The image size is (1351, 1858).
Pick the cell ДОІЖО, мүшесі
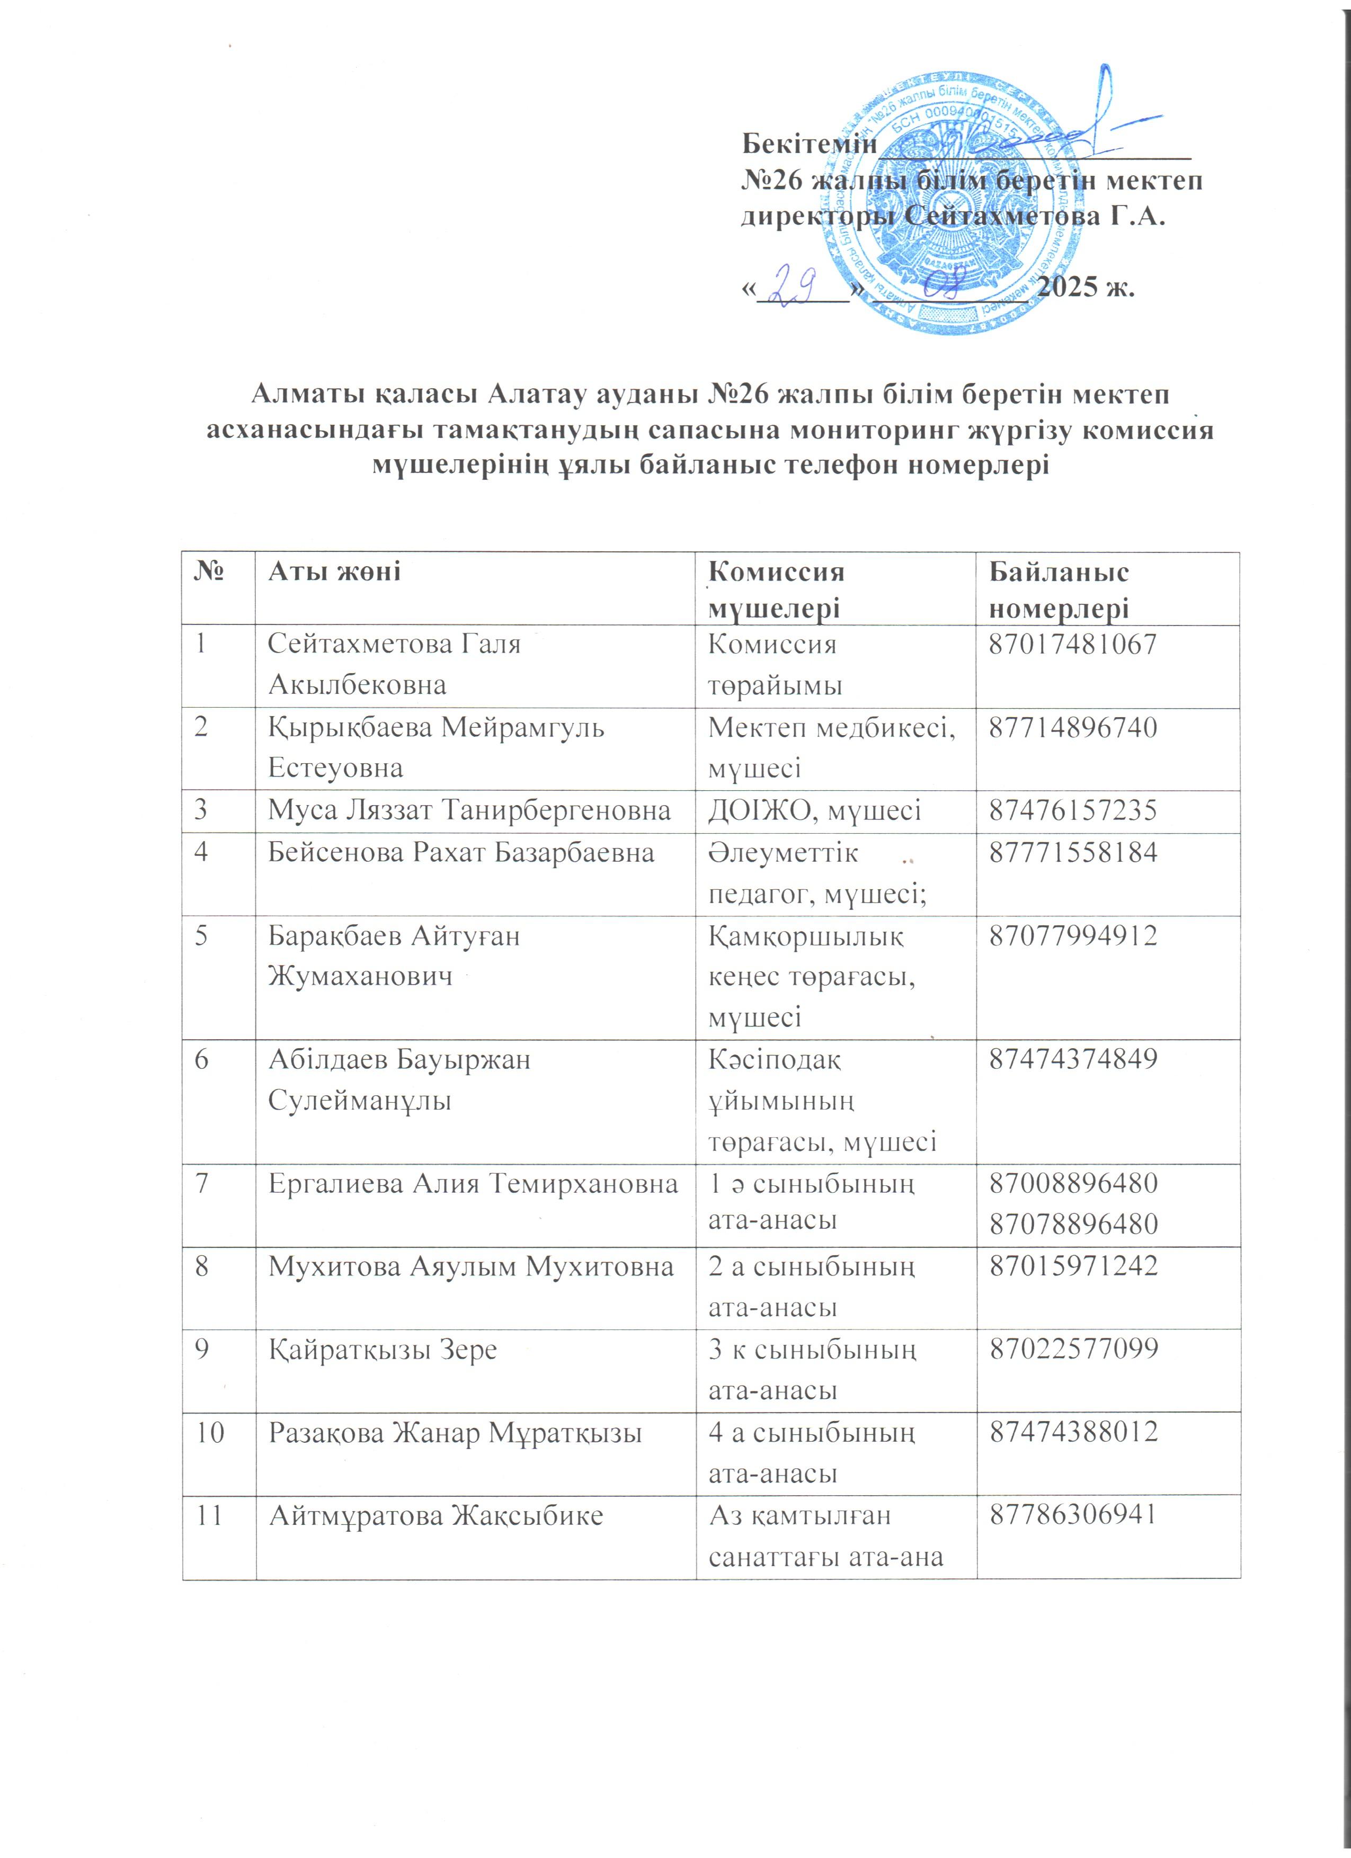pyautogui.click(x=814, y=811)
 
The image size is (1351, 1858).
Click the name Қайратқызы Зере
pyautogui.click(x=383, y=1349)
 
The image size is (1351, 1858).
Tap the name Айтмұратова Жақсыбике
pyautogui.click(x=436, y=1515)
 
